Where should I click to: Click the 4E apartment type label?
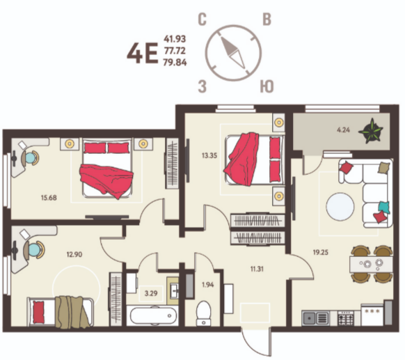coord(143,54)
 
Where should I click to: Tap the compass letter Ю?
coord(267,86)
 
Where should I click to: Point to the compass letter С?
coord(202,20)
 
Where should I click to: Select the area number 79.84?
coord(175,63)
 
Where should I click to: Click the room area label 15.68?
coord(49,198)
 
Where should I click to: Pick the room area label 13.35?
coord(209,156)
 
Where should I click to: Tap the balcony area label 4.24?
coord(343,130)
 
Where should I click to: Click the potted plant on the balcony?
coord(371,131)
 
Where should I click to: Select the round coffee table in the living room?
coord(340,207)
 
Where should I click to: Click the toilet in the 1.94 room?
coord(203,313)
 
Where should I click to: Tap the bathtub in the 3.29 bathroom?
coord(153,316)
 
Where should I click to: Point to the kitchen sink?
coord(316,318)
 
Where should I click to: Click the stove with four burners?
coord(346,318)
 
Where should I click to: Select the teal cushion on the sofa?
coord(384,208)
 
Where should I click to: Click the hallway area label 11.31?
coord(257,269)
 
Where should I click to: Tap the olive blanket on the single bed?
coord(72,312)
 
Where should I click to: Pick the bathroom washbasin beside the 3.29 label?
coord(173,291)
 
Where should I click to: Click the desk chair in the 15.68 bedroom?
coord(30,157)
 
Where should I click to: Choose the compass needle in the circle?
coord(232,52)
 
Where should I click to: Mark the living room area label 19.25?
coord(321,252)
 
